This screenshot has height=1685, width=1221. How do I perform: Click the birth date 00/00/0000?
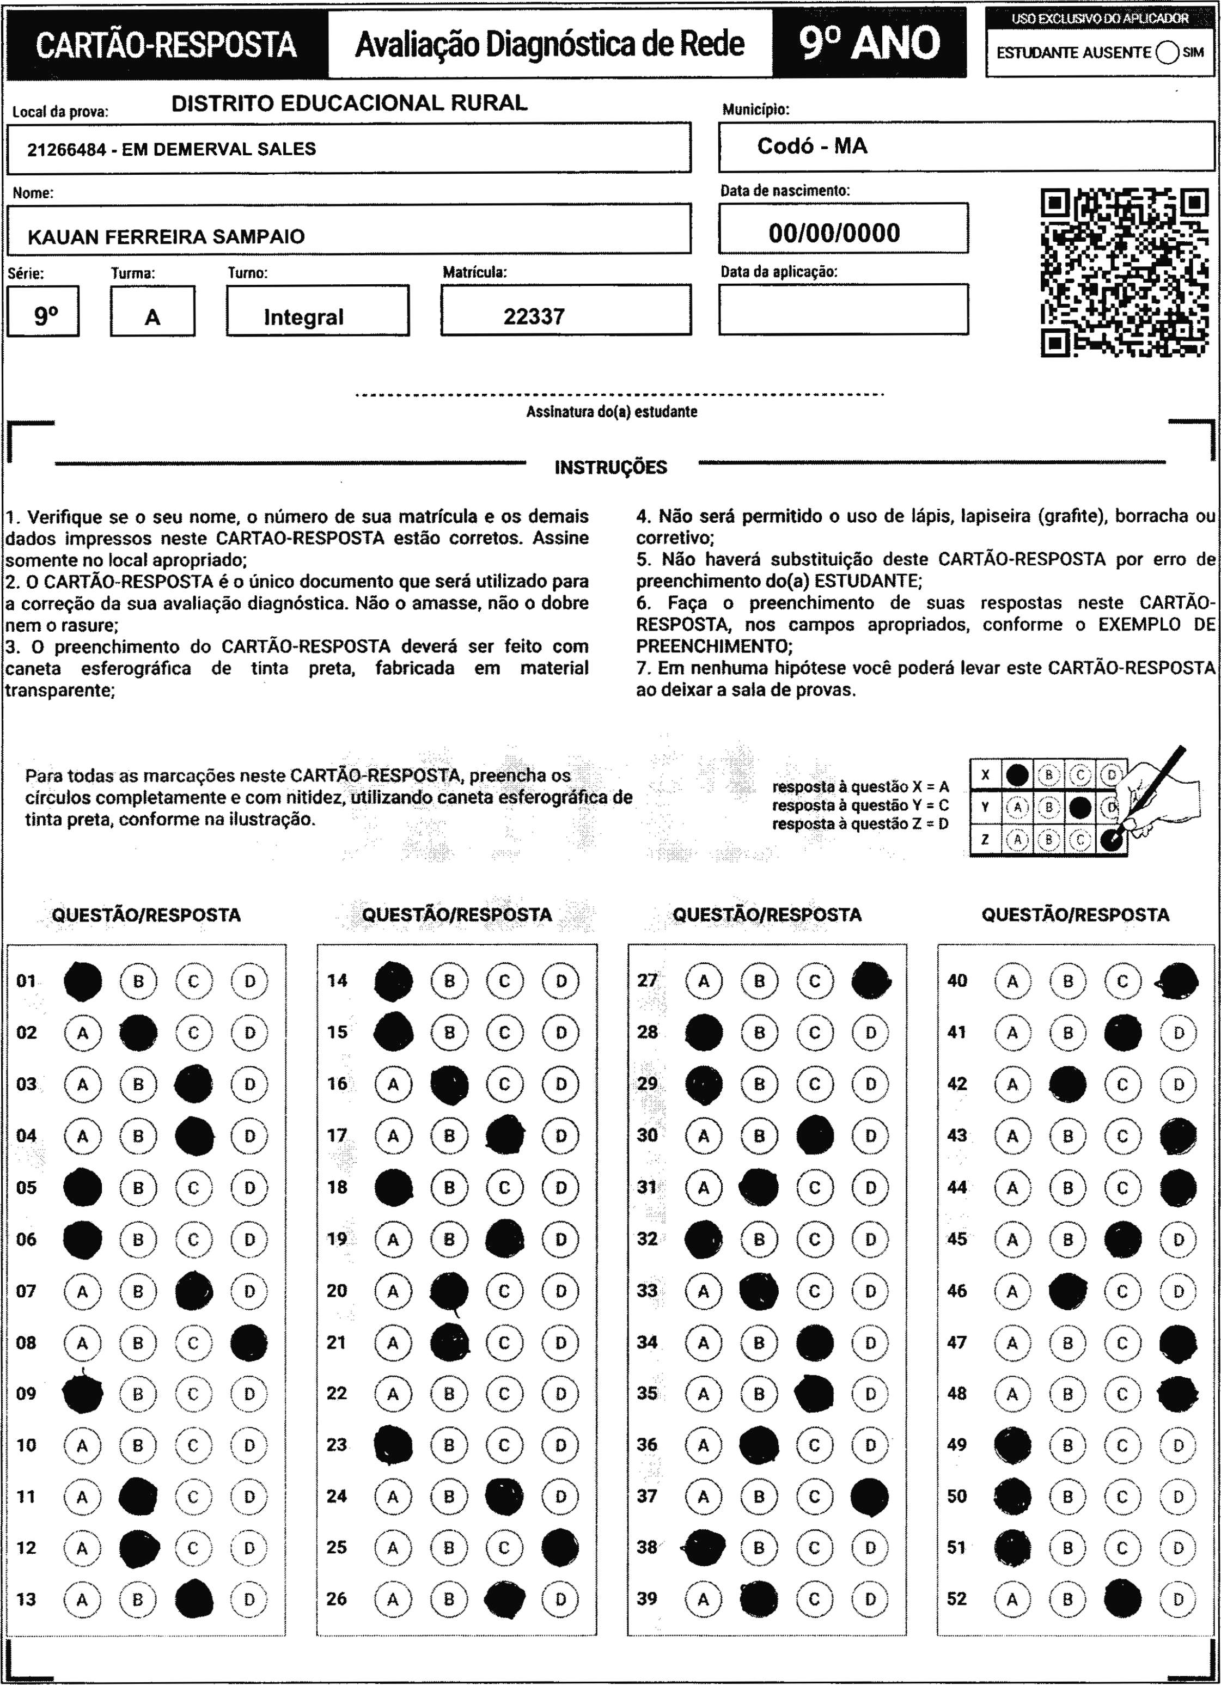click(x=834, y=233)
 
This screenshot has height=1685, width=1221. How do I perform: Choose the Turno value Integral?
click(x=303, y=318)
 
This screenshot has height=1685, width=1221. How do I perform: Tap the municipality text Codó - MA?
click(x=811, y=146)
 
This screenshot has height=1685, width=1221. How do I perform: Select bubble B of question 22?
click(x=449, y=1394)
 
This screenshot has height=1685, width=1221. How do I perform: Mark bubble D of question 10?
click(x=249, y=1445)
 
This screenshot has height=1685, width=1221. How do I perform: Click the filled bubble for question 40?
click(x=1179, y=981)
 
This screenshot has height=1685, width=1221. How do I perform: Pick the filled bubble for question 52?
click(x=1122, y=1599)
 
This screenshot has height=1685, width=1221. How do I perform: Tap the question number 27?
click(x=648, y=981)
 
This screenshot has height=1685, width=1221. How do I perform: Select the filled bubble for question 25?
click(x=560, y=1548)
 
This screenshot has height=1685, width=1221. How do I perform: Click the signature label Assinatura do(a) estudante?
click(x=611, y=412)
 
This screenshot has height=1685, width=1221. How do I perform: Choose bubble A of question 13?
click(x=82, y=1599)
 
